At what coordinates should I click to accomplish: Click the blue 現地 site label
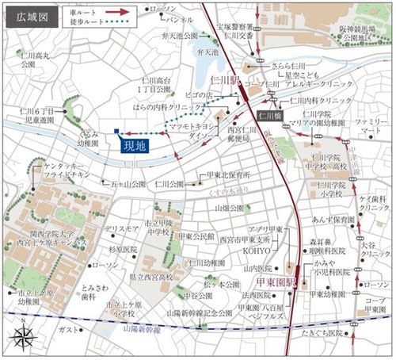pos(131,146)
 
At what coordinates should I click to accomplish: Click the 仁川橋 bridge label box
pos(270,116)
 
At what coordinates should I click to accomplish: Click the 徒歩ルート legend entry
pos(98,23)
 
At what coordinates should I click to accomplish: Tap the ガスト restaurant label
pos(68,329)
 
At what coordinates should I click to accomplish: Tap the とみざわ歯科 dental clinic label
pos(93,291)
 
